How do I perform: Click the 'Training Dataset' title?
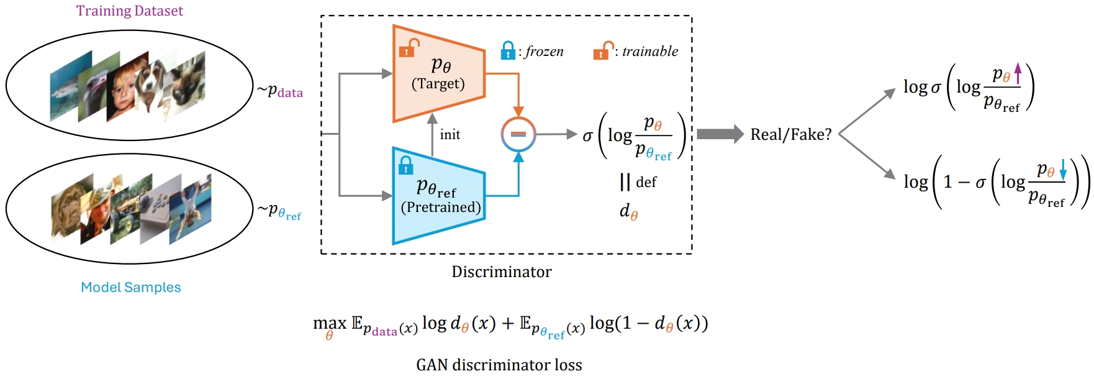(x=129, y=11)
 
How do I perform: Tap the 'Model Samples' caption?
(x=130, y=287)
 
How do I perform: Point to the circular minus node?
(x=518, y=134)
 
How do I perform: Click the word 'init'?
(x=450, y=135)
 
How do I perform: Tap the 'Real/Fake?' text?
(x=790, y=135)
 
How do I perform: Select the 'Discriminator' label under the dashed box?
(x=501, y=272)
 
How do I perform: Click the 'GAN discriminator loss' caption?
(x=499, y=365)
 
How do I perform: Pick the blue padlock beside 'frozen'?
(x=508, y=50)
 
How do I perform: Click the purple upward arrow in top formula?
(x=1018, y=73)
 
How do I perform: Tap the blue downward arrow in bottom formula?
(x=1062, y=169)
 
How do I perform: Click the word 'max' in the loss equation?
(x=329, y=323)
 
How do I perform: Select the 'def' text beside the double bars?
(x=646, y=183)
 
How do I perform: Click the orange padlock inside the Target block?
(x=409, y=48)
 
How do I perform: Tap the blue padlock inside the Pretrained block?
(x=406, y=165)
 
